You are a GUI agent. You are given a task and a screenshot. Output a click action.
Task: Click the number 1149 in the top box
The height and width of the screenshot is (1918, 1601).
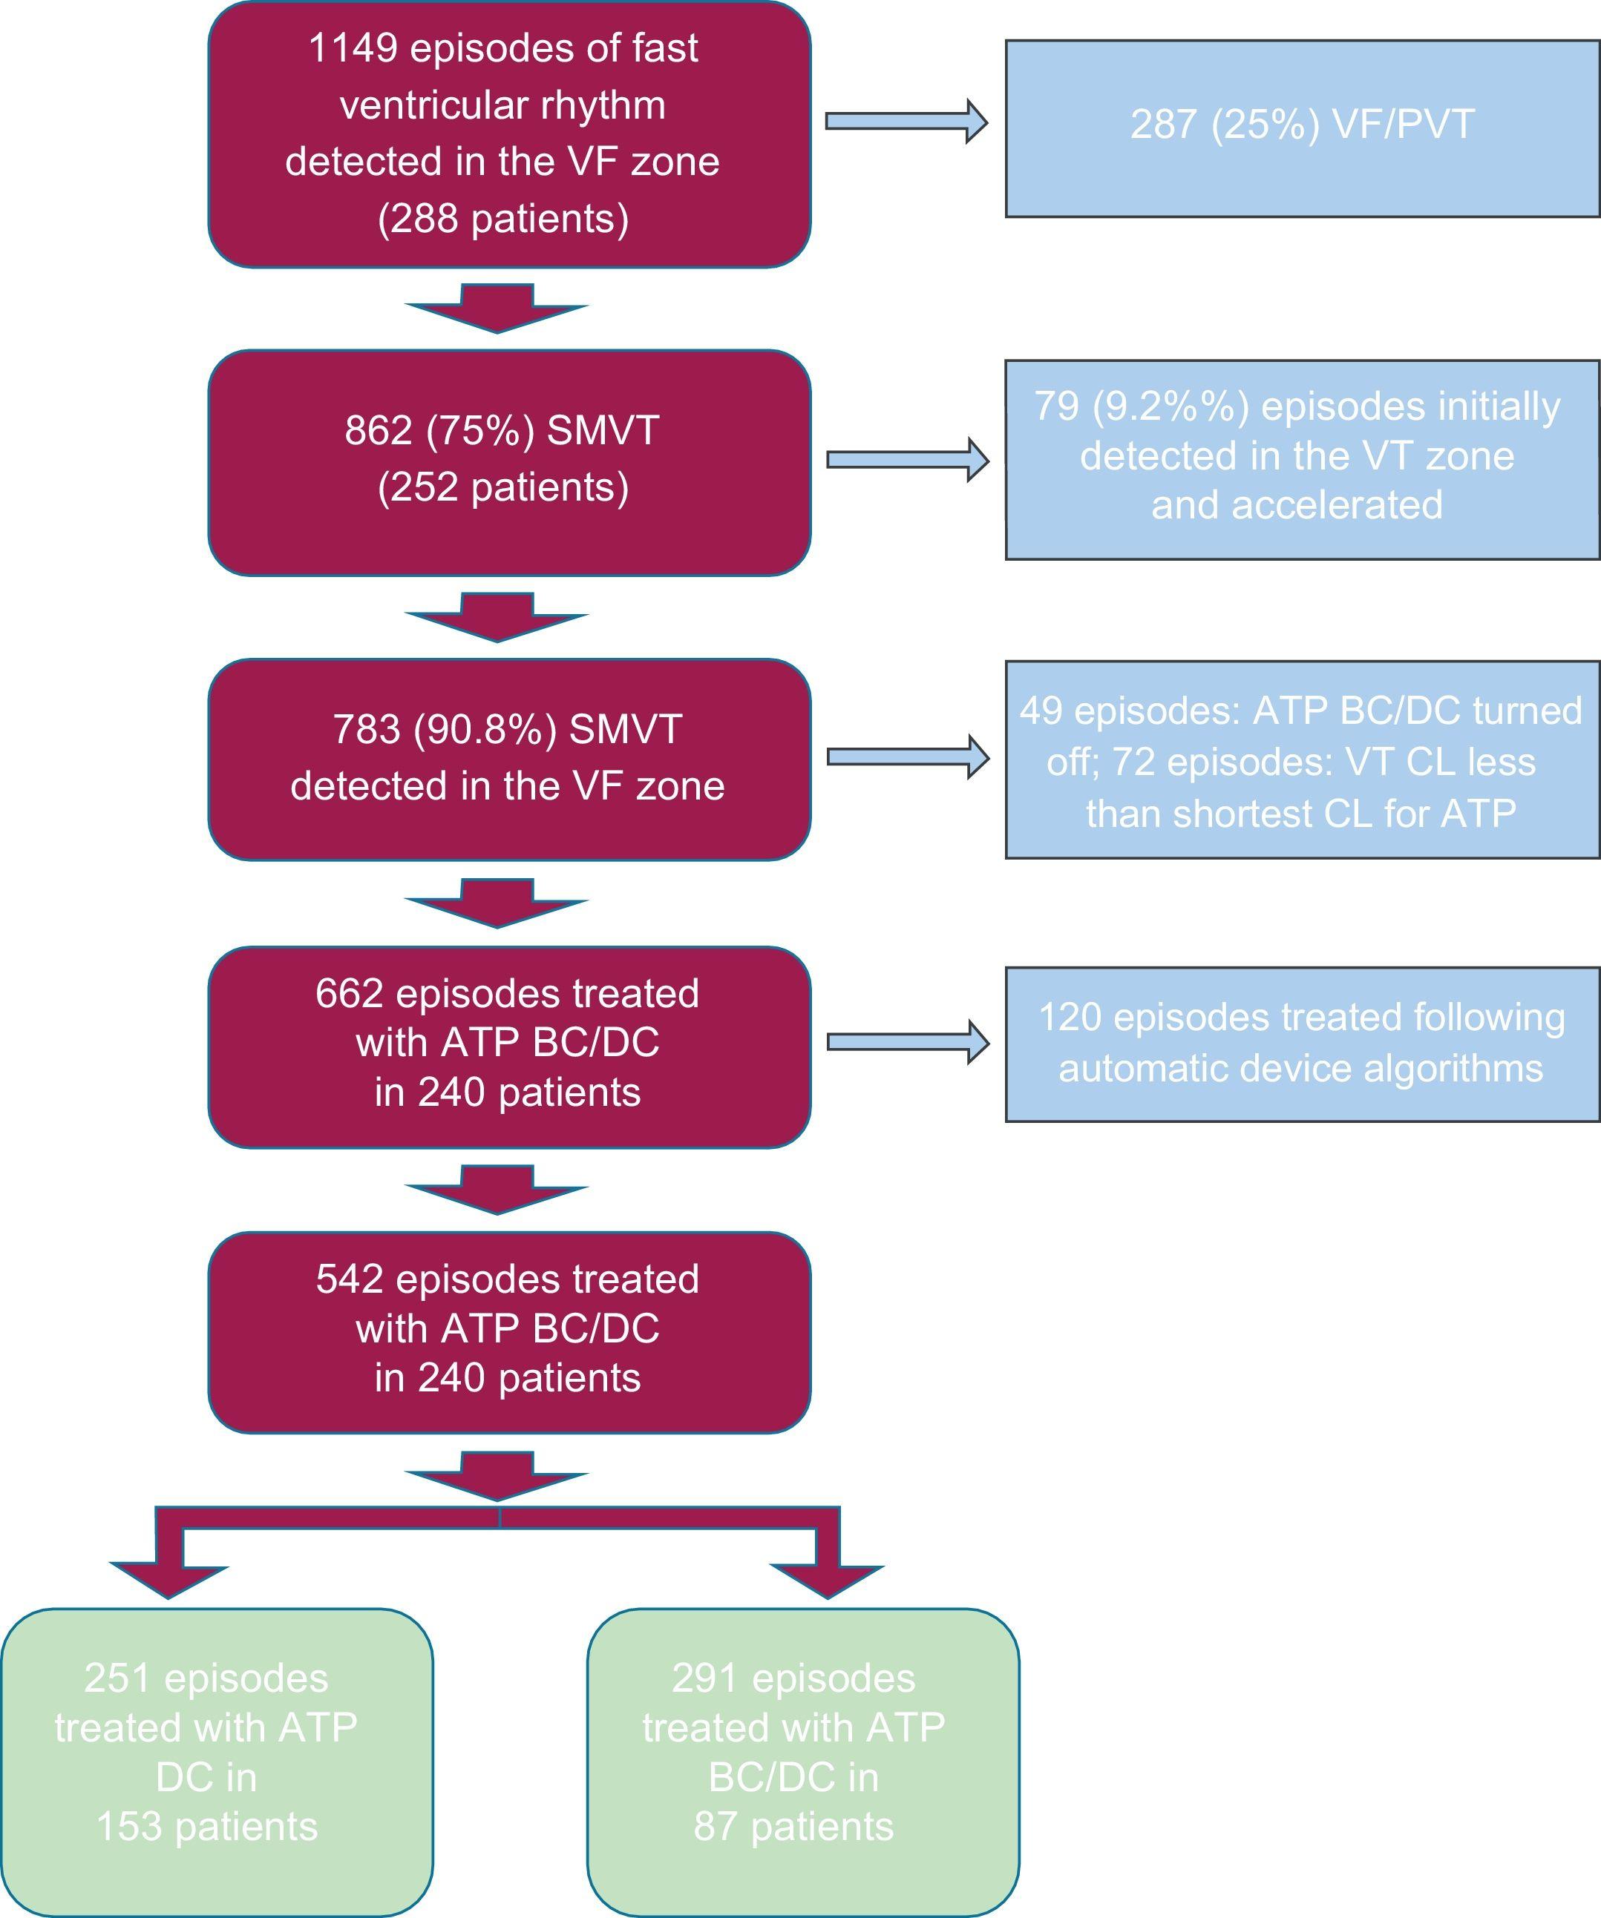352,48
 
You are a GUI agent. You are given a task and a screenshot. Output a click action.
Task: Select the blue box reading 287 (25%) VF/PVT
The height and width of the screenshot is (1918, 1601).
1302,128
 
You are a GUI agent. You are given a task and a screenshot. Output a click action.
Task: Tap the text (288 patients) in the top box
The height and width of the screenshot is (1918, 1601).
503,220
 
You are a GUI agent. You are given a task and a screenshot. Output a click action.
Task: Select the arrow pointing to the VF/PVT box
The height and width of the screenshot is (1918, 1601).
906,122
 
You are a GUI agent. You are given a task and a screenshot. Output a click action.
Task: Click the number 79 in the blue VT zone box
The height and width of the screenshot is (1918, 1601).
1056,406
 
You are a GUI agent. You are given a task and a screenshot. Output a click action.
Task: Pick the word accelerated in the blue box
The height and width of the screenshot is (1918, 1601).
1297,505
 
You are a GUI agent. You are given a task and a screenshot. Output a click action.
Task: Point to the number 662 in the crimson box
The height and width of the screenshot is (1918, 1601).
349,994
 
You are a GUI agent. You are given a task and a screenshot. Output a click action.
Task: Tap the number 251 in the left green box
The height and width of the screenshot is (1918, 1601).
118,1678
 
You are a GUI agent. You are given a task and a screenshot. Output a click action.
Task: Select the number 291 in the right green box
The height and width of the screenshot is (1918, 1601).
705,1678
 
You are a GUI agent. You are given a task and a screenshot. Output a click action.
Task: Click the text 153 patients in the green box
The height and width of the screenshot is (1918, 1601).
207,1827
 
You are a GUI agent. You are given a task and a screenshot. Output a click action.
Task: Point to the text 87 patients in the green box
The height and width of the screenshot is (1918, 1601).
793,1827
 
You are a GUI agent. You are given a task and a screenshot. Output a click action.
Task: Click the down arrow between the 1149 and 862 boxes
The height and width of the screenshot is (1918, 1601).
497,308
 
